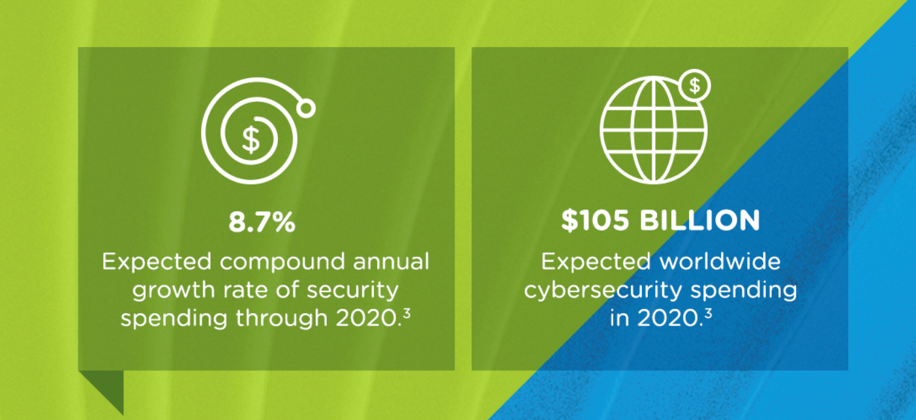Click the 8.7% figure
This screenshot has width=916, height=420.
pos(262,222)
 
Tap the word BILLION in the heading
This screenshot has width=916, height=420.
pos(699,220)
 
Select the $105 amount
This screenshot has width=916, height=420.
pos(595,220)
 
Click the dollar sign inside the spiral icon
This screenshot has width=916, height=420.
pos(251,140)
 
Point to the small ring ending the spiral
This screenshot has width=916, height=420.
pos(306,108)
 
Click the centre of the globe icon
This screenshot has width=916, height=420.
pos(654,130)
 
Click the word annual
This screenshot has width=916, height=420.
pos(391,262)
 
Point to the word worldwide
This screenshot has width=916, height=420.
pos(720,262)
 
